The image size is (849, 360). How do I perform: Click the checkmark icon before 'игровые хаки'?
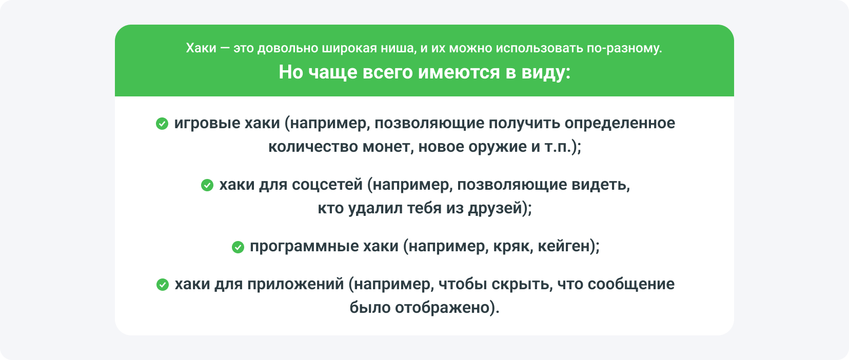[162, 124]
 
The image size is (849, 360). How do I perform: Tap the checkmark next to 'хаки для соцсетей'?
[207, 185]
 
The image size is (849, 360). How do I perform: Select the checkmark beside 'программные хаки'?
[238, 247]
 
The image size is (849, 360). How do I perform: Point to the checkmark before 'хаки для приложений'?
[162, 285]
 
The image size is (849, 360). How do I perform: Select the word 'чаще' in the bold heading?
[332, 72]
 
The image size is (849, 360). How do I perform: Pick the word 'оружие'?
[497, 147]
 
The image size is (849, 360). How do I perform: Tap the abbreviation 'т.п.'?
[558, 147]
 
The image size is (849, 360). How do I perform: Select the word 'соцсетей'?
[327, 185]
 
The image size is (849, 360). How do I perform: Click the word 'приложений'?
[295, 285]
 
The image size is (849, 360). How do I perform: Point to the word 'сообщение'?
[631, 285]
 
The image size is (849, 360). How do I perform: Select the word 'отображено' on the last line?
[442, 308]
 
